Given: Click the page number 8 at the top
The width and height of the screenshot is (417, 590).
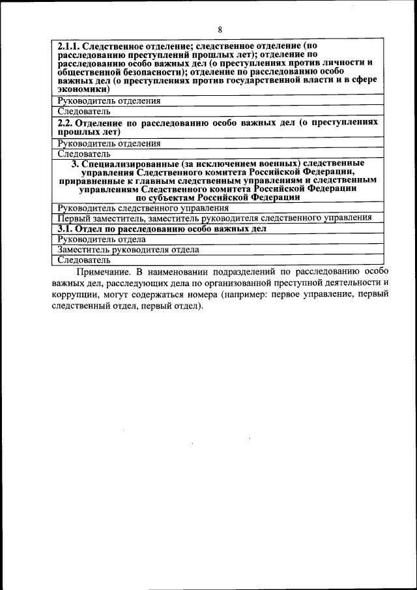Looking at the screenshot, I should pos(220,29).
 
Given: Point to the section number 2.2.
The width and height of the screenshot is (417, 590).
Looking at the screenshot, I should pos(64,123).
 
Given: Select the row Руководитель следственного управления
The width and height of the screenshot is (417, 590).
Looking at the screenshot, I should pos(143,208).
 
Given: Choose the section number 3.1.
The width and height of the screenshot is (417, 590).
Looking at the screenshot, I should pos(64,229).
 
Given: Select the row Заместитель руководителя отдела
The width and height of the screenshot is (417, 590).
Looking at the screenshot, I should pos(128,250).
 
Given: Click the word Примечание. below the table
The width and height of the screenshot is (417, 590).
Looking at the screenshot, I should pos(103,271).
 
